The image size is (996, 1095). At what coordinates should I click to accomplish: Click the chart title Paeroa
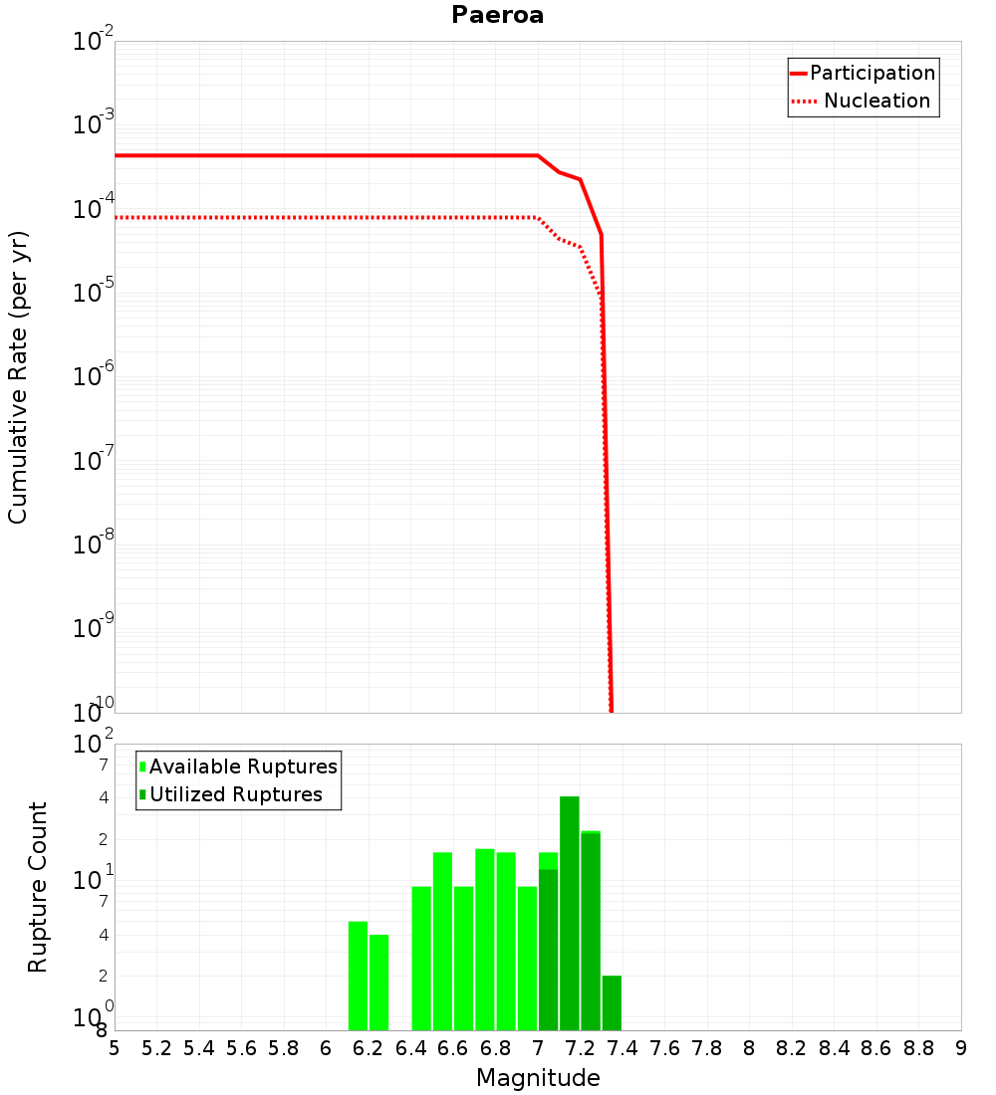point(497,15)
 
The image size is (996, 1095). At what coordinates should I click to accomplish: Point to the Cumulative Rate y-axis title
point(18,377)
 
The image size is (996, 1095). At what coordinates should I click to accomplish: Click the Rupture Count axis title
point(38,887)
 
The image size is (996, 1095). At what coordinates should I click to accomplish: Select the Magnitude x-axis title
point(538,1078)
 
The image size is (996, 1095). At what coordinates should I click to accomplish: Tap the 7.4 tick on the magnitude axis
point(622,1048)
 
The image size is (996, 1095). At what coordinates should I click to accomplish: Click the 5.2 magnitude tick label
point(156,1048)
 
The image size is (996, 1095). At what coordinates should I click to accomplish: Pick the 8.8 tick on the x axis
point(918,1048)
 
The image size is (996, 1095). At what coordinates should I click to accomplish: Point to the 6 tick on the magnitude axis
point(326,1048)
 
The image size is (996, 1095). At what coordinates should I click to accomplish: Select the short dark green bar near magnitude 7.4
point(612,1002)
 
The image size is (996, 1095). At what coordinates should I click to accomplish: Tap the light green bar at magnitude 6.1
point(358,976)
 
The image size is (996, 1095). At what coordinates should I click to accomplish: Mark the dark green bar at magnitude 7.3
point(591,931)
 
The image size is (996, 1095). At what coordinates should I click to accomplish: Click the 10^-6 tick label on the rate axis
point(96,376)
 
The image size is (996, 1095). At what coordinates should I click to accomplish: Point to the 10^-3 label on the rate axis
point(96,125)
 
